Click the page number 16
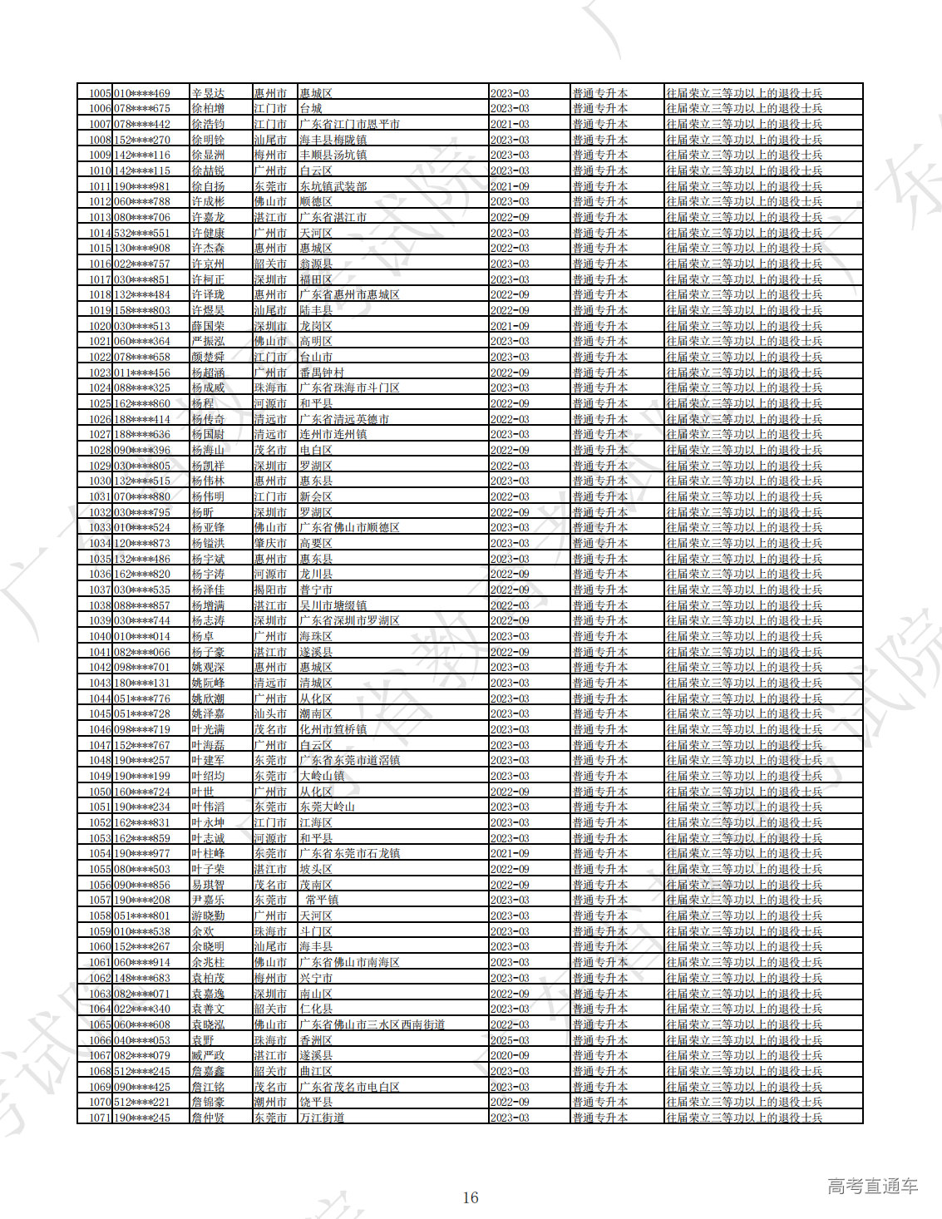pyautogui.click(x=471, y=1197)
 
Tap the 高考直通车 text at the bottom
pyautogui.click(x=872, y=1187)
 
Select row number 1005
pyautogui.click(x=100, y=93)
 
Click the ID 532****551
pyautogui.click(x=142, y=233)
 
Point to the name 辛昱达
pyautogui.click(x=208, y=93)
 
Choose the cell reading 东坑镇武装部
pyautogui.click(x=333, y=186)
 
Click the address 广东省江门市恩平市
pyautogui.click(x=349, y=124)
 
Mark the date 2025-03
pyautogui.click(x=510, y=1040)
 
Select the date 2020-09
pyautogui.click(x=510, y=1055)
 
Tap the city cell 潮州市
pyautogui.click(x=270, y=1102)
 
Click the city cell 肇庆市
pyautogui.click(x=270, y=543)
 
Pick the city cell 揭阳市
pyautogui.click(x=270, y=590)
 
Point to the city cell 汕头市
pyautogui.click(x=270, y=713)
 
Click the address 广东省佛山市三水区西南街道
pyautogui.click(x=372, y=1024)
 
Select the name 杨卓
pyautogui.click(x=203, y=636)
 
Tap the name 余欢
pyautogui.click(x=203, y=931)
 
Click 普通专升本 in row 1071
pyautogui.click(x=599, y=1118)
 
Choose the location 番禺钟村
pyautogui.click(x=322, y=373)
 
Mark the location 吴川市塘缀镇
pyautogui.click(x=333, y=605)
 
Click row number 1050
pyautogui.click(x=100, y=792)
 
